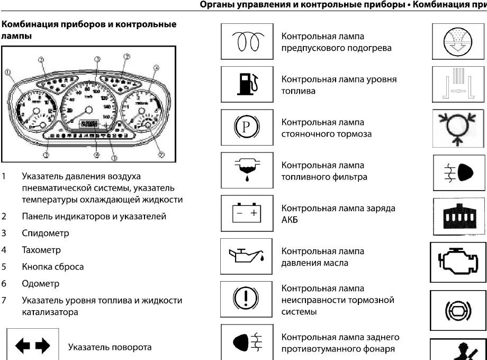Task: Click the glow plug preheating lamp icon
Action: click(247, 42)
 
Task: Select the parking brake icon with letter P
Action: click(247, 128)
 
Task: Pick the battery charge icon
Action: click(247, 213)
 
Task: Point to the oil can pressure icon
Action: click(247, 257)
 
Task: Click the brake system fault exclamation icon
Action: click(247, 300)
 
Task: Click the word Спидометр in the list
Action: click(46, 233)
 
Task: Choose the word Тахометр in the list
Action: click(41, 250)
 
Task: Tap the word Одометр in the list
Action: click(40, 284)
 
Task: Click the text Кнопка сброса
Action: click(53, 267)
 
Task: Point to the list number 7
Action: click(4, 301)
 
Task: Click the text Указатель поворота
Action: click(110, 347)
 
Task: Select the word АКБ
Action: click(290, 220)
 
